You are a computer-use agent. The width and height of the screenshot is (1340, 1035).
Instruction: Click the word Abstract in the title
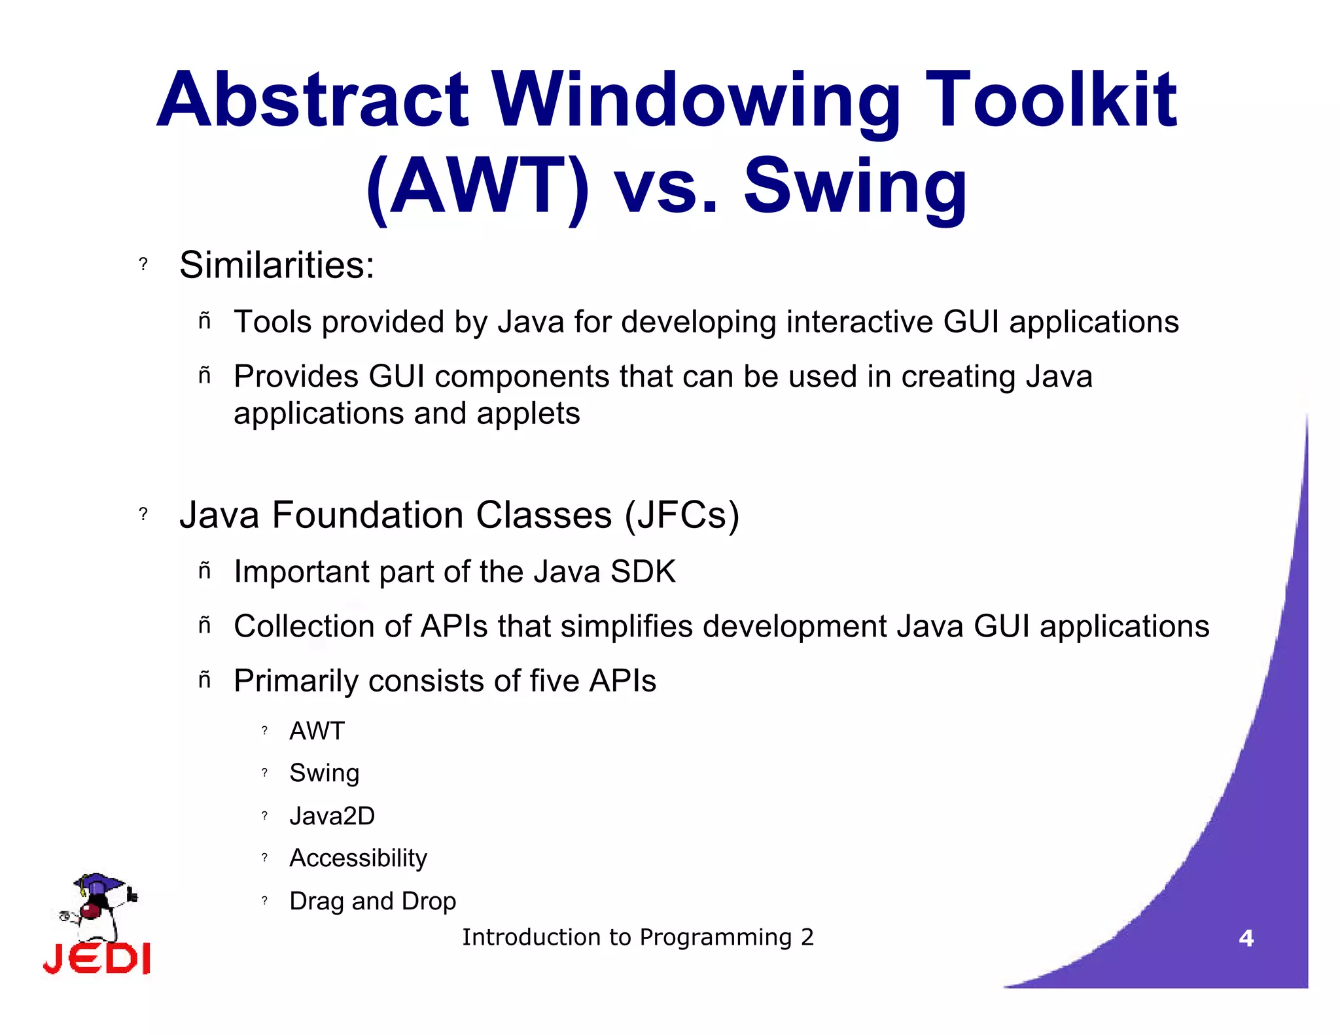[x=313, y=101]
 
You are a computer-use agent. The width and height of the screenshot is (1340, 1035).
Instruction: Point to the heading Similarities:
[x=277, y=266]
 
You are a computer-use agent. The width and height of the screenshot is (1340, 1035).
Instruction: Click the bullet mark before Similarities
[x=143, y=264]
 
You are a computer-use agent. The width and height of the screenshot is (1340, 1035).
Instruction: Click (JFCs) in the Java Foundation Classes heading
[x=682, y=516]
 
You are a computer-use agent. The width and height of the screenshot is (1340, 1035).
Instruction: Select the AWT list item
[x=317, y=731]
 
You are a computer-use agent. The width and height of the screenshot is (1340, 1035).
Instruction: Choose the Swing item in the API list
[x=324, y=773]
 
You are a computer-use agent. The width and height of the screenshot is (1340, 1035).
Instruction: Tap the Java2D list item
[x=332, y=816]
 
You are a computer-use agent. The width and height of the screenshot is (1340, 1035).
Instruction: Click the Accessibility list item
[x=358, y=858]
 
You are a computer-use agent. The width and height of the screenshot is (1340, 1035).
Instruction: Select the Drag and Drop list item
[x=372, y=902]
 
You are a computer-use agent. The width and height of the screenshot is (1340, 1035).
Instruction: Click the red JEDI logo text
[x=97, y=959]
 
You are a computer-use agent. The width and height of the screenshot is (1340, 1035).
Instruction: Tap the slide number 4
[x=1246, y=939]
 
